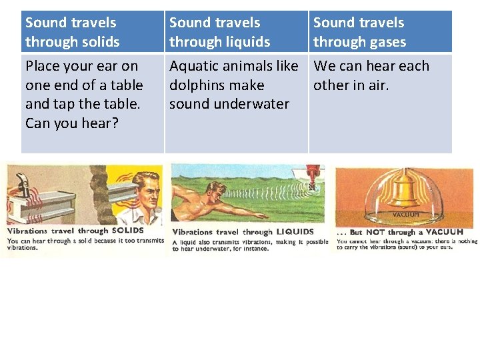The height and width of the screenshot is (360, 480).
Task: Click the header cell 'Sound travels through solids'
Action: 92,32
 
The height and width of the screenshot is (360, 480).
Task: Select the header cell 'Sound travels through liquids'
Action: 236,32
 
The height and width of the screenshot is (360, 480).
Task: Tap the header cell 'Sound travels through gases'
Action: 380,32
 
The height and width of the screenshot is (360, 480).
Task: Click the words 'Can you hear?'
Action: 72,123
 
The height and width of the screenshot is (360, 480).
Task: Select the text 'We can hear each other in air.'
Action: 371,75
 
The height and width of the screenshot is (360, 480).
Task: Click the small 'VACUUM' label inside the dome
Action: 405,215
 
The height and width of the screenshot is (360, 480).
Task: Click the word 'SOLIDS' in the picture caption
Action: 127,231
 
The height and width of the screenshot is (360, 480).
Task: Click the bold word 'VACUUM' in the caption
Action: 445,232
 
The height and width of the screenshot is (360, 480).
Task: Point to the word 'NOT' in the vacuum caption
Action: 376,232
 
